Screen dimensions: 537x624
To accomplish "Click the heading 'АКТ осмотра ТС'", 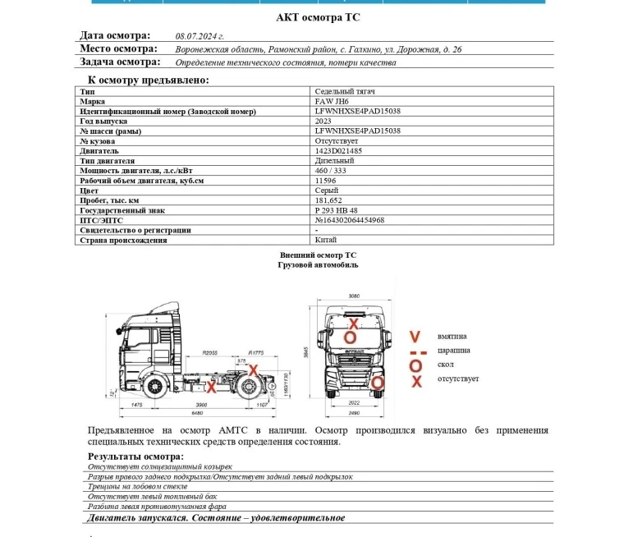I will (317, 17).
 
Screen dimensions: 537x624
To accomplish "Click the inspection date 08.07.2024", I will (200, 37).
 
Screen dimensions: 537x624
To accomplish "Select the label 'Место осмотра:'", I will (118, 49).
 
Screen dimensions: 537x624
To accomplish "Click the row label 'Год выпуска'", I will (103, 121).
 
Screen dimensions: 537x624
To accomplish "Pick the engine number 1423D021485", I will (338, 151).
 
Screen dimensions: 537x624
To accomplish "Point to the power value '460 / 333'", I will (332, 171).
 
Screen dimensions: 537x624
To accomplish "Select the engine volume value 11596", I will (326, 181).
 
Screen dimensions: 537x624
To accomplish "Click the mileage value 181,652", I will (328, 200).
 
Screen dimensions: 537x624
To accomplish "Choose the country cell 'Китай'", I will (325, 240).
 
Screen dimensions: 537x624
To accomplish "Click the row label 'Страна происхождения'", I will (123, 240).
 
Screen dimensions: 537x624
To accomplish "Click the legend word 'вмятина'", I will (452, 337).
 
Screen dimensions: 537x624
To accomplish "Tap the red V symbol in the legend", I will (415, 337).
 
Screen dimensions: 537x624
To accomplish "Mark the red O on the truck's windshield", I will (350, 337).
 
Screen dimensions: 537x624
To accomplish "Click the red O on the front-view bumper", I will (378, 382).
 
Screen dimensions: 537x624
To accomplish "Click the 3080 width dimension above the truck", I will (355, 296).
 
